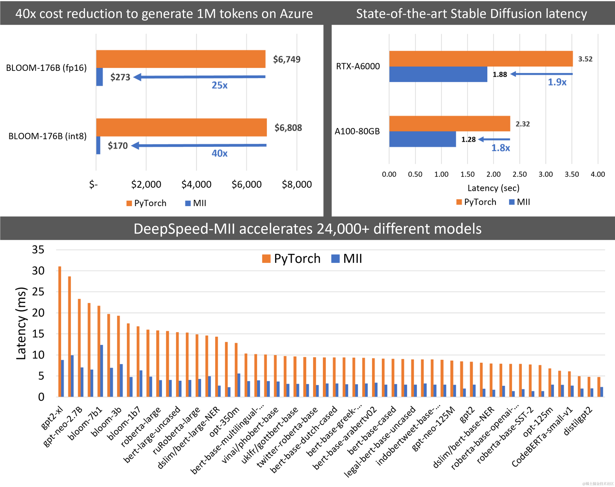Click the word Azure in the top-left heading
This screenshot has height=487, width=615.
coord(296,14)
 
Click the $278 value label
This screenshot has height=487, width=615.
coord(120,77)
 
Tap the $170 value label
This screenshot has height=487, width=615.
coord(117,146)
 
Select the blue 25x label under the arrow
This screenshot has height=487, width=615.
coord(220,86)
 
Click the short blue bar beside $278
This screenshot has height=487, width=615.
coord(100,77)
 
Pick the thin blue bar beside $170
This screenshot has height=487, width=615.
coord(99,146)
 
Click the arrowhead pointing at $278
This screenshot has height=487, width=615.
coord(137,77)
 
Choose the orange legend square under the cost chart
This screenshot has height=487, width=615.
coord(129,203)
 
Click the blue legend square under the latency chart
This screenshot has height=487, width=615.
coord(512,202)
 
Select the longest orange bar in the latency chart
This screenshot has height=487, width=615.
coord(481,58)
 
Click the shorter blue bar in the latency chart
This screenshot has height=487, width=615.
coord(422,140)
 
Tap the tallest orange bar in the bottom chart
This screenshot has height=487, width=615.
coord(60,331)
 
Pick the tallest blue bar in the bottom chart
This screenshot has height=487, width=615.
coord(102,370)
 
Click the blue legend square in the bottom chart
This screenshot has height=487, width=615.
coord(335,259)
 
